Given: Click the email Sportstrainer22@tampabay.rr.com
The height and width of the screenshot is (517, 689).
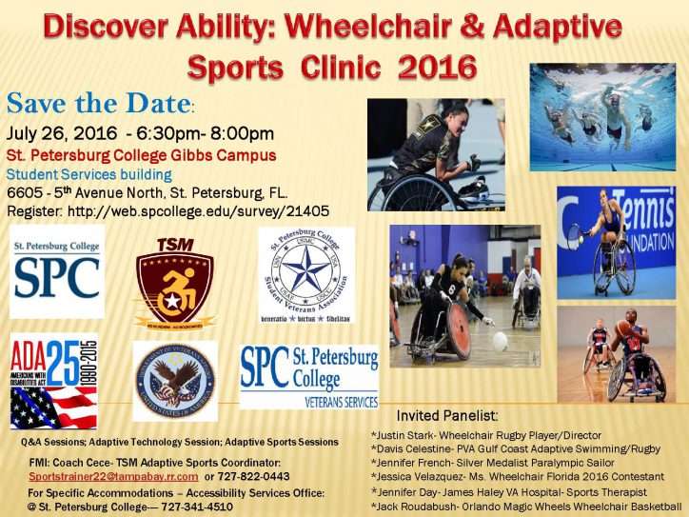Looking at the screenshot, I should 114,475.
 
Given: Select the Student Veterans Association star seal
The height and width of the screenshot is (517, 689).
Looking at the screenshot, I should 306,274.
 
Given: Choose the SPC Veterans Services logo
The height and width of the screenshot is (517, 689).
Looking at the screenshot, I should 308,375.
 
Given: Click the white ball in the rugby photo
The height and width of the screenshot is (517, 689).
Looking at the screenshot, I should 500,340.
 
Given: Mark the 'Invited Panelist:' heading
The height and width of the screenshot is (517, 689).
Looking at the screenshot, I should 446,416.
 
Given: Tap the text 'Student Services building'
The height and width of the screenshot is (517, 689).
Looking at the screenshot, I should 89,175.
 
